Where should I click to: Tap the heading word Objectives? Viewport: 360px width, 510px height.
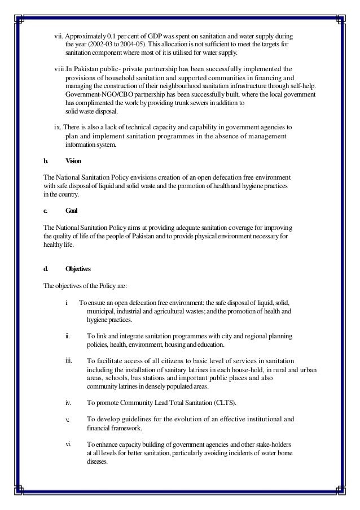coord(78,269)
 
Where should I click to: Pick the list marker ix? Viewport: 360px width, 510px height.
coord(57,128)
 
